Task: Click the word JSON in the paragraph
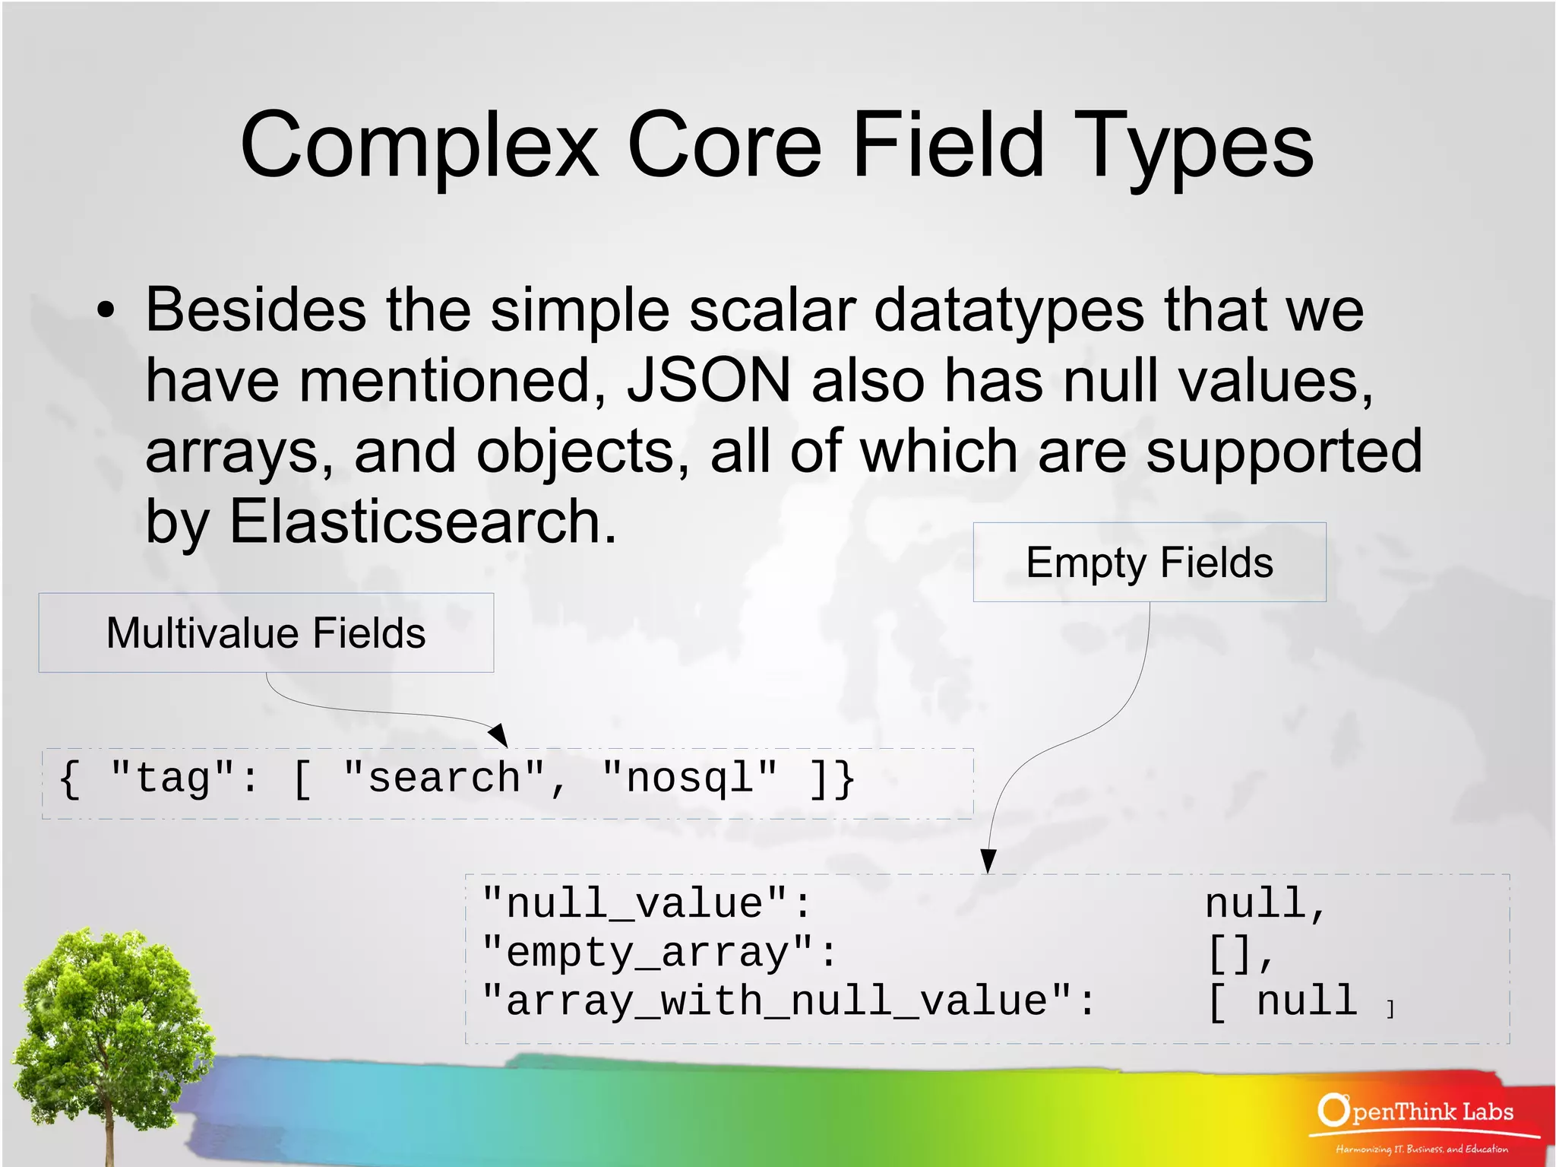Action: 709,380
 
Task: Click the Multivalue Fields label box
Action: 266,633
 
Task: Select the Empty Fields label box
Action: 1149,563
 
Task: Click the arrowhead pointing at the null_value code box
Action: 988,861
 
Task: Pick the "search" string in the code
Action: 444,779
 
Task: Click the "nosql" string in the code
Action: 689,779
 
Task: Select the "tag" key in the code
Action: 172,779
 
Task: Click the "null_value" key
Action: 646,904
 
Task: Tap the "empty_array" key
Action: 659,953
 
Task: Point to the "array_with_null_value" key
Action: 788,1001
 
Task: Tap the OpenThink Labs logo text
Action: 1416,1112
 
